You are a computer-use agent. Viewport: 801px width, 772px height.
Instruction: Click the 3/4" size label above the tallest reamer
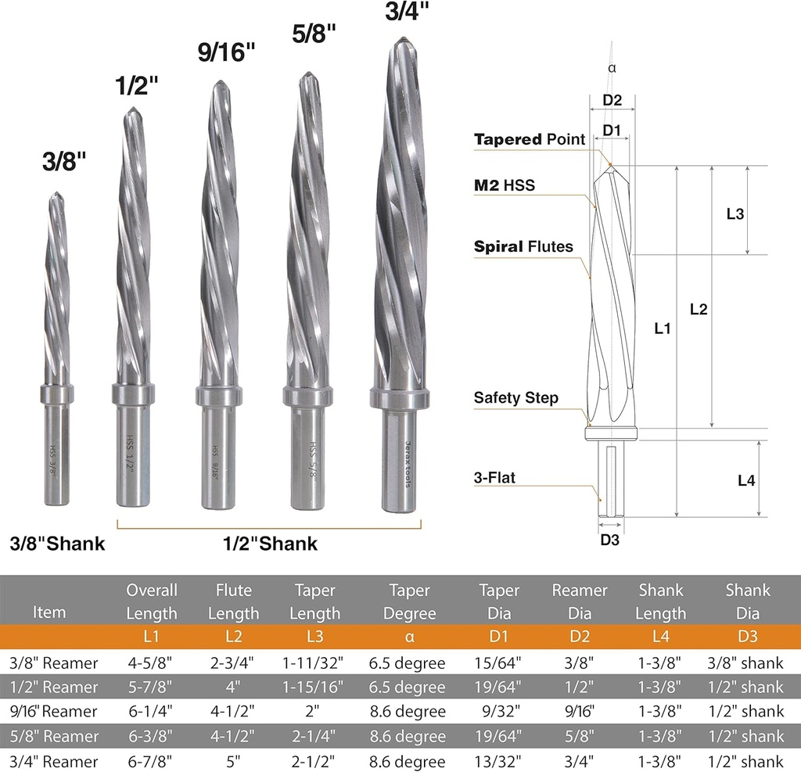click(x=407, y=10)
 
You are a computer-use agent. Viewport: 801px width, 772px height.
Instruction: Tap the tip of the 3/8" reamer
click(x=56, y=193)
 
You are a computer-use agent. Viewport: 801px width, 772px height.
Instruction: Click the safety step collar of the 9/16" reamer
click(x=218, y=397)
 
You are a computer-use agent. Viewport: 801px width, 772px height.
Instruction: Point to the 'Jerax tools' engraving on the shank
click(x=408, y=464)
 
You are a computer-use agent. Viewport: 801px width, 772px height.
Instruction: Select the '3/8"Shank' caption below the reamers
click(x=57, y=543)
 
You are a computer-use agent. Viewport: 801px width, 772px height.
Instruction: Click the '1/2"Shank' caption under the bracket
click(x=270, y=543)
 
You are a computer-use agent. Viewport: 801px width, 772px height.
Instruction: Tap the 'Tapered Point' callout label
click(x=530, y=139)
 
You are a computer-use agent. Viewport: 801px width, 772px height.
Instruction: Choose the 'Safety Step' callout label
click(x=516, y=397)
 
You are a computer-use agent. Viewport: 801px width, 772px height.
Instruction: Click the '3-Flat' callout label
click(x=494, y=478)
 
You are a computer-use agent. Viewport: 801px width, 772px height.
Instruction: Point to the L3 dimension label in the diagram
click(x=735, y=214)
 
